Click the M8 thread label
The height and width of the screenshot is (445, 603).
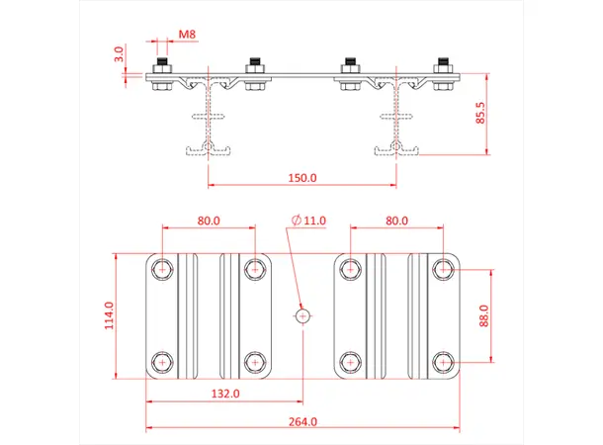pos(187,35)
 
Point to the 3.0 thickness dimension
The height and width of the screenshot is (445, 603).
pos(119,53)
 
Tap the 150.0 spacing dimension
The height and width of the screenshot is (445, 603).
pos(301,179)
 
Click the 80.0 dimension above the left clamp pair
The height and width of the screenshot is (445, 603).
pos(209,222)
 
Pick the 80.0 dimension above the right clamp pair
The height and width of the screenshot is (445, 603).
pos(396,222)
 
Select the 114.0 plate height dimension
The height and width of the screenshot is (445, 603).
pos(110,314)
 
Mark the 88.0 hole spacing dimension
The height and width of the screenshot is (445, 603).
pos(485,314)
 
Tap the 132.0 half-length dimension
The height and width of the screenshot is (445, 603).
pos(225,394)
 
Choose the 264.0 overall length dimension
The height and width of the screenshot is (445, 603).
pos(302,421)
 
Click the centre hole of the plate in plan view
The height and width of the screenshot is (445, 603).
pos(302,315)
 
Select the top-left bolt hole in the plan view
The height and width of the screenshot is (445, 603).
pos(161,267)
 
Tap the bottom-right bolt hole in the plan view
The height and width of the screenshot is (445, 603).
pos(444,363)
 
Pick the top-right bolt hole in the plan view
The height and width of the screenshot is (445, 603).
pos(444,267)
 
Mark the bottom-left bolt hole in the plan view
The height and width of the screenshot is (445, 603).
pos(161,363)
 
